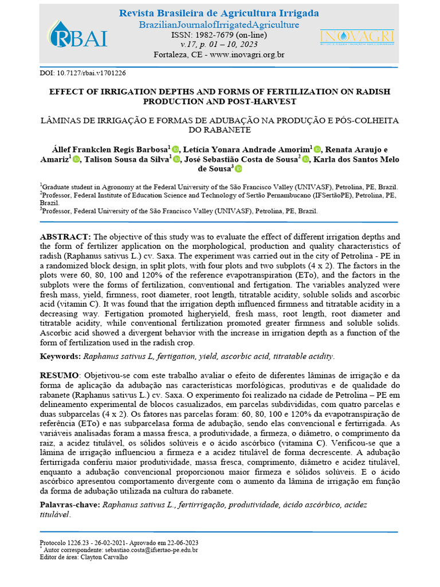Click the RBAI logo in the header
(x=78, y=36)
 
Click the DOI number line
(x=82, y=73)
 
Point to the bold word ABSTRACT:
(x=65, y=237)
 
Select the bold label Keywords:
(x=60, y=357)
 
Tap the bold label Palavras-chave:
(x=69, y=504)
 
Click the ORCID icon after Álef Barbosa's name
(x=175, y=149)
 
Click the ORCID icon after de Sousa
(x=238, y=169)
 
